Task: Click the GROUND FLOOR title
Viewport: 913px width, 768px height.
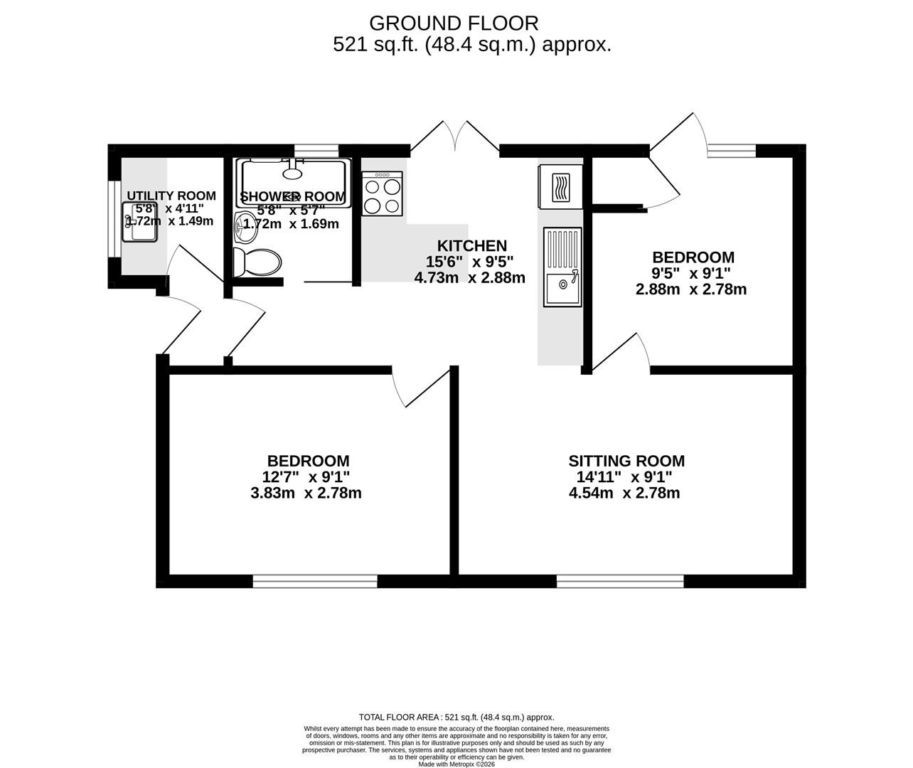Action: pyautogui.click(x=454, y=23)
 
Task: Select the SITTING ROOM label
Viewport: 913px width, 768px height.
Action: pyautogui.click(x=626, y=462)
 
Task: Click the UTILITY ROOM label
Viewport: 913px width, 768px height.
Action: pyautogui.click(x=171, y=196)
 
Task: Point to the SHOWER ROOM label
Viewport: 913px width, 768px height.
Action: pyautogui.click(x=293, y=196)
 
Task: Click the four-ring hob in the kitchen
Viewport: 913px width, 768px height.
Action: pyautogui.click(x=383, y=193)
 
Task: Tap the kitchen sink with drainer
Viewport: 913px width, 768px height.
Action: pyautogui.click(x=562, y=267)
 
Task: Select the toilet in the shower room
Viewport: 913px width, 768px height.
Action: pyautogui.click(x=257, y=262)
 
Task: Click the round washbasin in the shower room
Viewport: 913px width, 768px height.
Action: pyautogui.click(x=245, y=223)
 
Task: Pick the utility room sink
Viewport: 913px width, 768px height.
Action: pyautogui.click(x=139, y=222)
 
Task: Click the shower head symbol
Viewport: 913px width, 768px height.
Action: pyautogui.click(x=292, y=171)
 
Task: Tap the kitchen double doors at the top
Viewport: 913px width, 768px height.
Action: pyautogui.click(x=455, y=137)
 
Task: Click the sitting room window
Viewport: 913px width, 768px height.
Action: pyautogui.click(x=620, y=582)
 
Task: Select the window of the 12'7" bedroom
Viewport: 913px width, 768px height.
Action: pyautogui.click(x=315, y=582)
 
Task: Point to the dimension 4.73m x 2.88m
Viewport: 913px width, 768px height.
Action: pyautogui.click(x=469, y=278)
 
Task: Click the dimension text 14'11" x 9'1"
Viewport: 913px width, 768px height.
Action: pyautogui.click(x=621, y=478)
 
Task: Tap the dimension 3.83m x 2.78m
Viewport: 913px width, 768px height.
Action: pyautogui.click(x=306, y=494)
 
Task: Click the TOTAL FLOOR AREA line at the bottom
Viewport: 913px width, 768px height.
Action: pyautogui.click(x=456, y=718)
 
